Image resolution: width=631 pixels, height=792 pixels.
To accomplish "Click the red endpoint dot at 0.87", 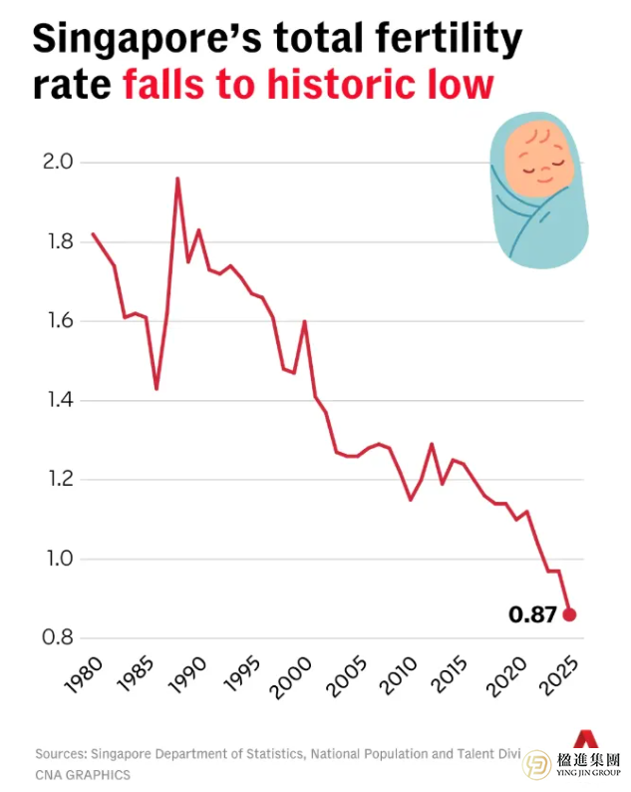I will click(569, 614).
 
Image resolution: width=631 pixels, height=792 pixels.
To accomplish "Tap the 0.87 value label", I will click(532, 615).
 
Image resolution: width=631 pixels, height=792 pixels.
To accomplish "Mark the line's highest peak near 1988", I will click(177, 179).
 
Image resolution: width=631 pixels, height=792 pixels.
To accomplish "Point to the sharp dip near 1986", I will click(157, 388).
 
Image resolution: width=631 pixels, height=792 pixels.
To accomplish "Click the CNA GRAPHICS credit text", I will click(82, 774).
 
